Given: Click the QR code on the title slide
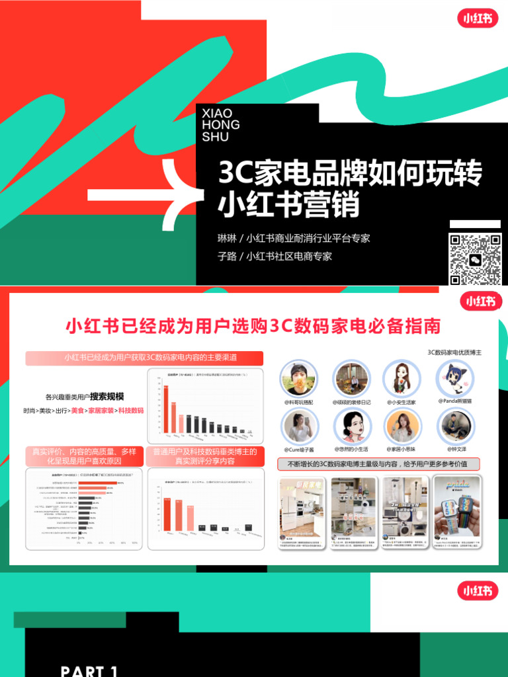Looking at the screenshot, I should coord(475,259).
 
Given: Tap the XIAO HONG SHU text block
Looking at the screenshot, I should coord(220,126).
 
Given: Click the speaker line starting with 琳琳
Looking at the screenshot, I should coord(294,238).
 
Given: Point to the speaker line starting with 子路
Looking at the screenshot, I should coord(275,257).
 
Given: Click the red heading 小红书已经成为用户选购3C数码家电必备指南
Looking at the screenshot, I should coord(253,327).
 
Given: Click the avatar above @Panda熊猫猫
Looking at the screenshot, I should coord(454,378).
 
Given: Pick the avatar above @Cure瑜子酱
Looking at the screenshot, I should coord(299,426).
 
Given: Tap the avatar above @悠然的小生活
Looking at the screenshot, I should coord(351,426).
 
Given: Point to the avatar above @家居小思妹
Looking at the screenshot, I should coord(402,426).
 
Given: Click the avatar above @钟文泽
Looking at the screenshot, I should coord(454,426).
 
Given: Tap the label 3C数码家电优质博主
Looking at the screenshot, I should coord(454,352).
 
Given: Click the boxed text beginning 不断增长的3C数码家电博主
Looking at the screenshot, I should coord(378,464).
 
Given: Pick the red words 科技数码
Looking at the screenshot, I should coord(131,411).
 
